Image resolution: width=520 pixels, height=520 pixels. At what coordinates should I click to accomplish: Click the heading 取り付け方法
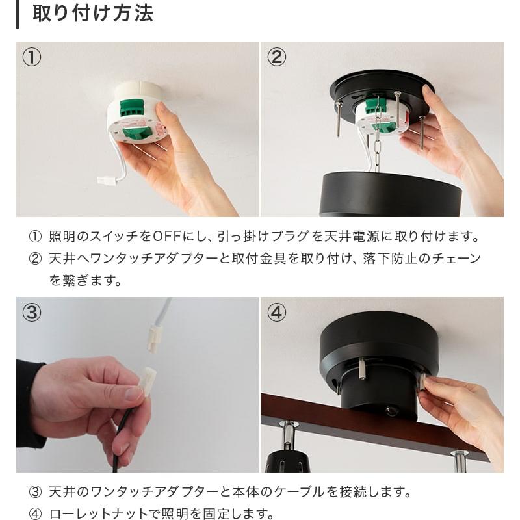(x=93, y=14)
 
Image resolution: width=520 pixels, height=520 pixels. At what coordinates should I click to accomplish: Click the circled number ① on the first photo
(x=32, y=57)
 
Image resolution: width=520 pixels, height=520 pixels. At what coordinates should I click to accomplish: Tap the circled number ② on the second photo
(x=277, y=57)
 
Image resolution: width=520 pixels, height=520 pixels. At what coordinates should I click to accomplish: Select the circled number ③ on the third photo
(x=32, y=313)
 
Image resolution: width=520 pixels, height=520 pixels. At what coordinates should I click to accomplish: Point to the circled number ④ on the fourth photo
(x=277, y=313)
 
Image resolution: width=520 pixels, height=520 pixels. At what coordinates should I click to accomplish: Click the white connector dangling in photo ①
(x=107, y=181)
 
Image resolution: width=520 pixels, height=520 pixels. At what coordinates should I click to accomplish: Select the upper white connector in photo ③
(x=155, y=338)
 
